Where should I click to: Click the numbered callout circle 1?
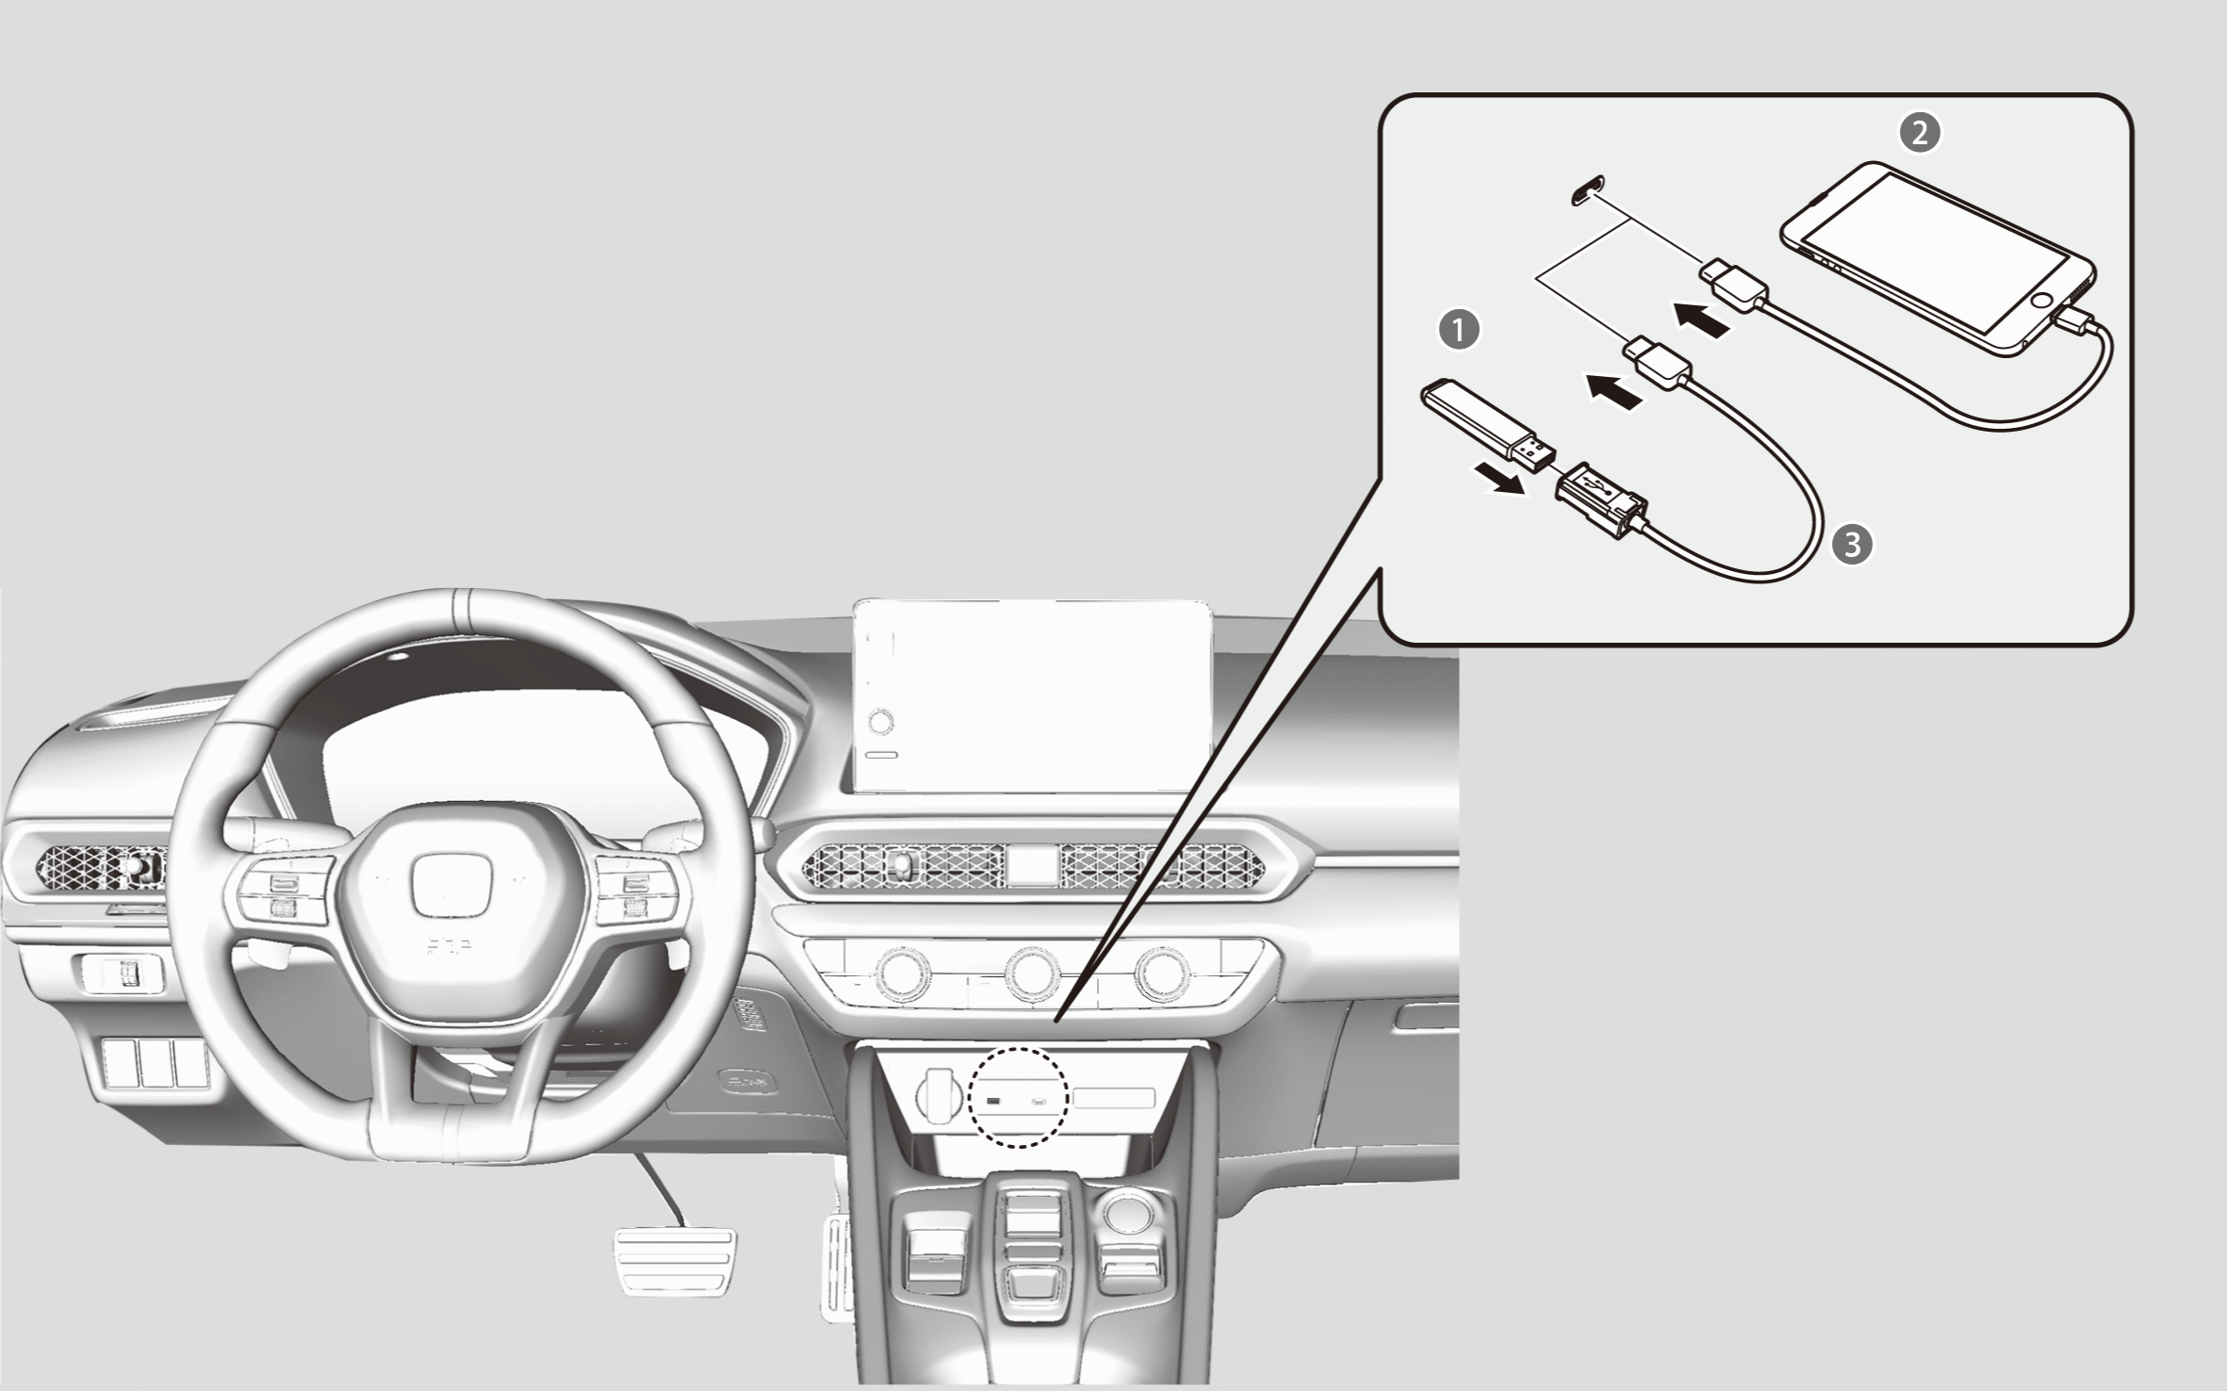(1460, 331)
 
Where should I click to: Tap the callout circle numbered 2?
(1919, 133)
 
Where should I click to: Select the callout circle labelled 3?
(1852, 545)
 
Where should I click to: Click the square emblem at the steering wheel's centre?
(451, 886)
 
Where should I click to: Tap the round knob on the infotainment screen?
(881, 723)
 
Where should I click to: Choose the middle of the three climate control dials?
(1033, 974)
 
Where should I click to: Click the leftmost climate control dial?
(903, 974)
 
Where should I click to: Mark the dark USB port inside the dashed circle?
(993, 1100)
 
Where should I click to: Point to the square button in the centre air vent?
(1033, 865)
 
